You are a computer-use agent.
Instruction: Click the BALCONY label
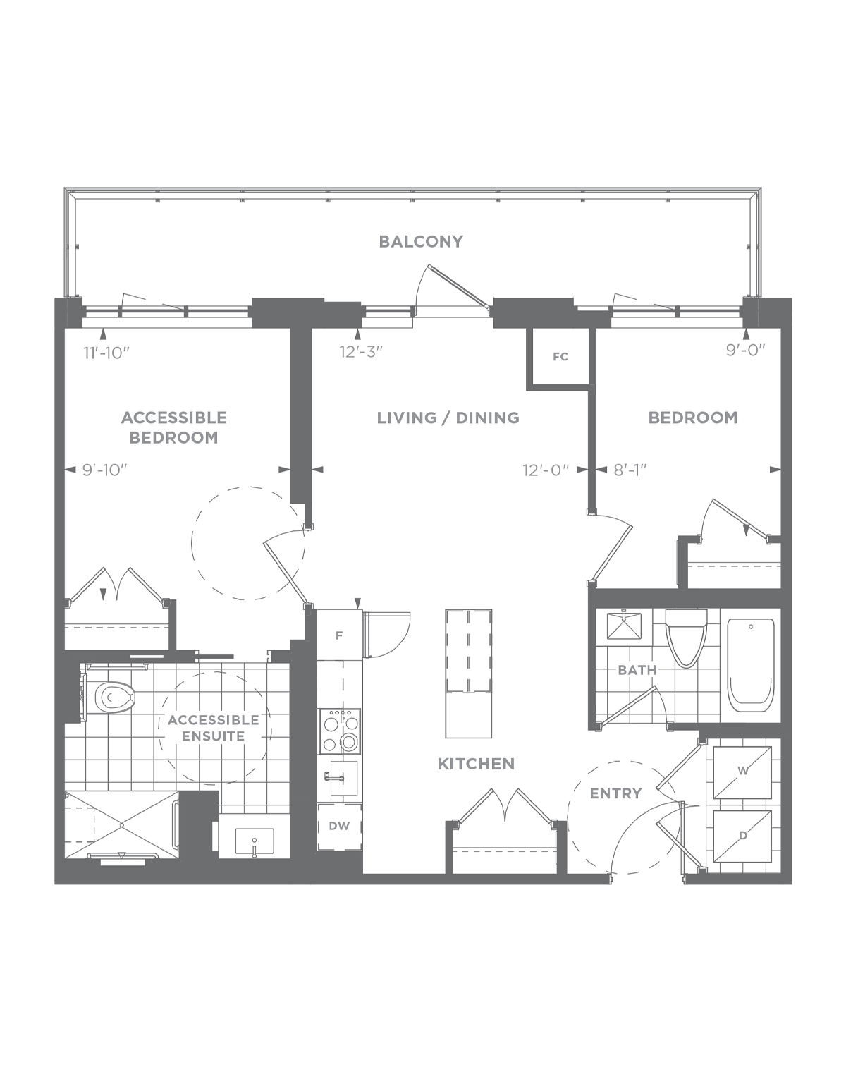[x=421, y=242]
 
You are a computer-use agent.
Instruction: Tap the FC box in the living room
[x=560, y=357]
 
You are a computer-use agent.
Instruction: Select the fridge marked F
[x=339, y=635]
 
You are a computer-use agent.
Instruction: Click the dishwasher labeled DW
[x=339, y=827]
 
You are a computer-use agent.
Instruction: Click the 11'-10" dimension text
[x=106, y=353]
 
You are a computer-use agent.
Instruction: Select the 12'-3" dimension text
[x=361, y=352]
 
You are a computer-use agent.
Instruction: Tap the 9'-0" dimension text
[x=745, y=350]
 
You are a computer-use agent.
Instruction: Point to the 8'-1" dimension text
[x=630, y=470]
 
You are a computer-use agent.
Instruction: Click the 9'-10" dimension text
[x=105, y=470]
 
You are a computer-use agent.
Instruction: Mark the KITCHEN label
[x=476, y=764]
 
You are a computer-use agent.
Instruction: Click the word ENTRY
[x=616, y=793]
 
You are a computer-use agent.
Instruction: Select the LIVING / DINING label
[x=448, y=418]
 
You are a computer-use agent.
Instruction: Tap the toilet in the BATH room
[x=687, y=638]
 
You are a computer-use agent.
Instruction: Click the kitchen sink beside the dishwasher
[x=343, y=779]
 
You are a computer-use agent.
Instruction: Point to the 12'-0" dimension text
[x=546, y=470]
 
